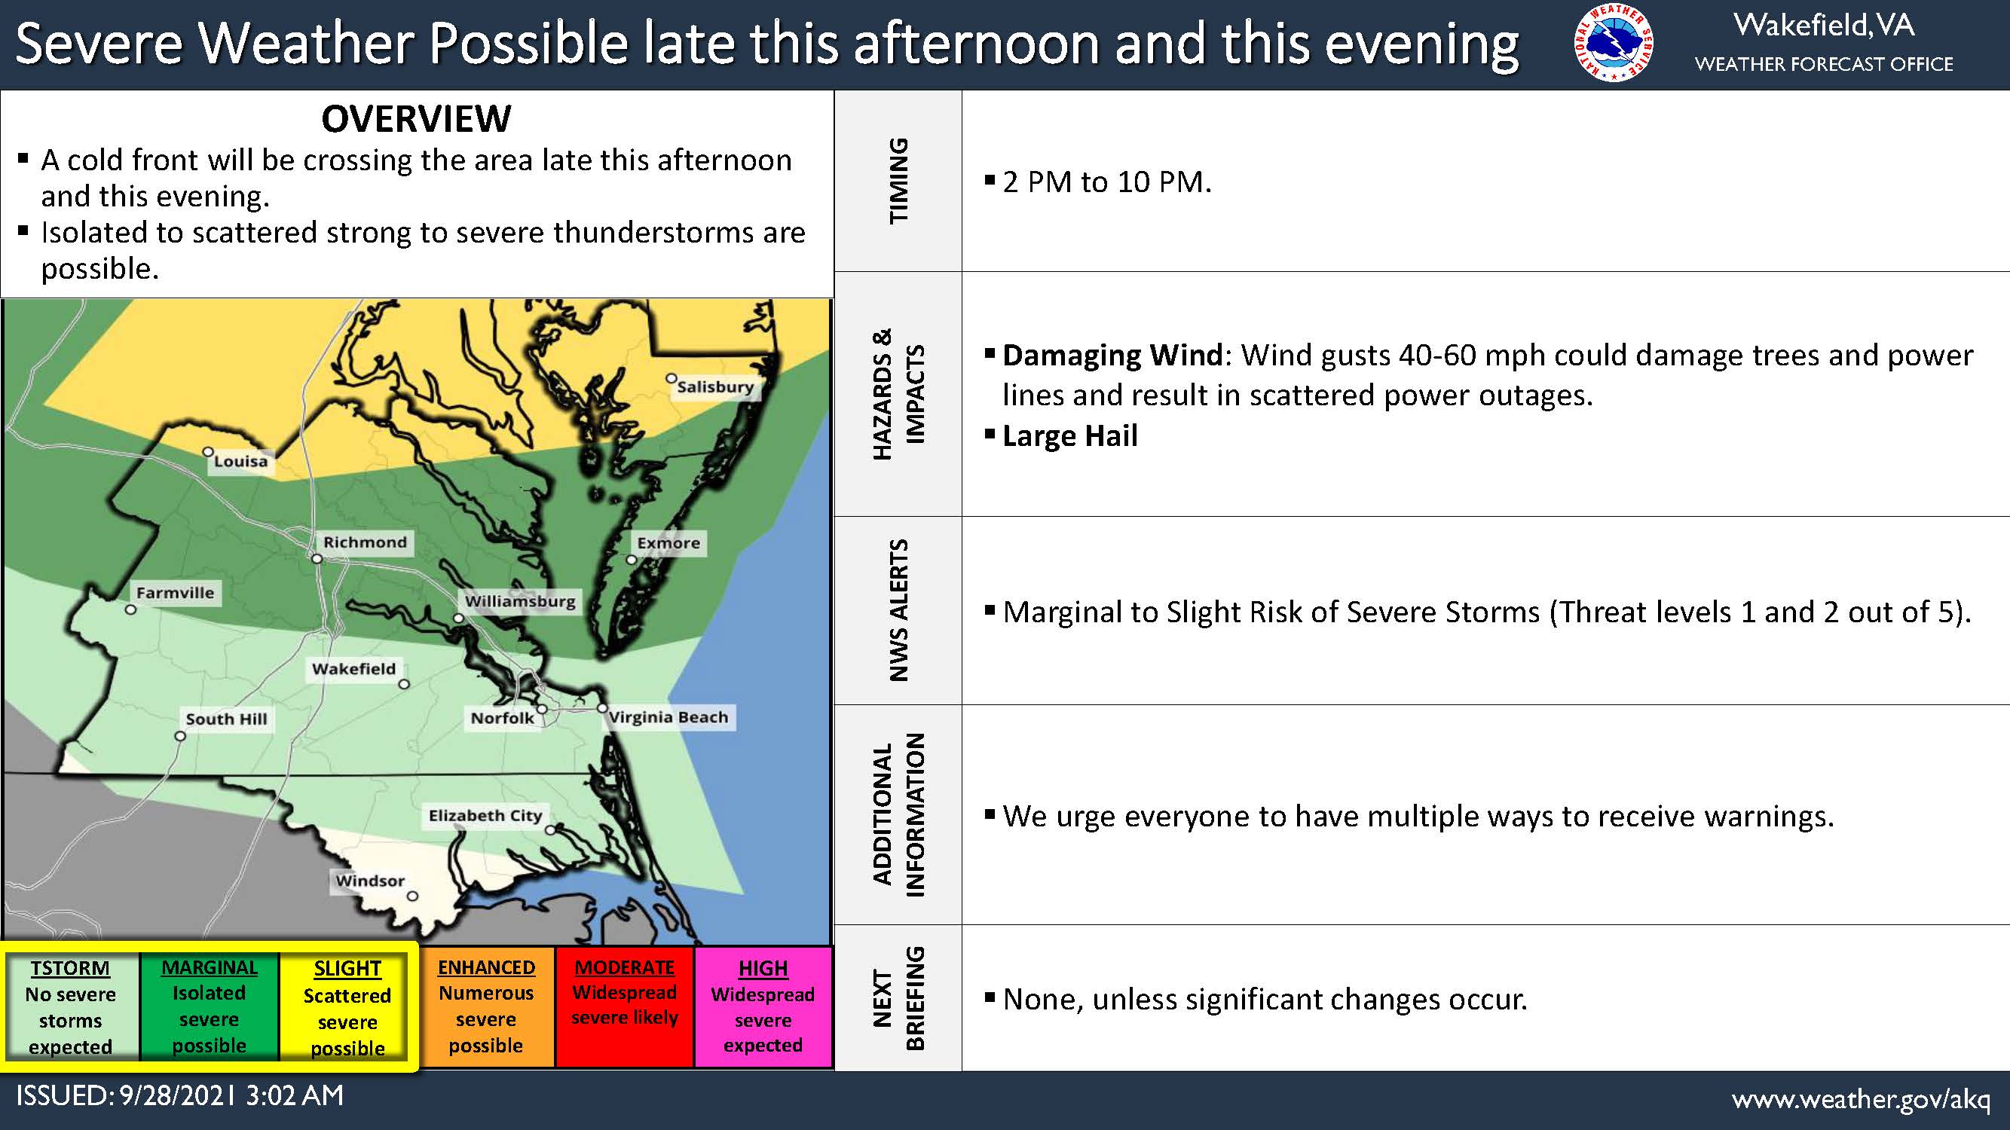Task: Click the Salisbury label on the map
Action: click(714, 386)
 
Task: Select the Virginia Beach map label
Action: click(668, 717)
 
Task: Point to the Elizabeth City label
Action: click(485, 816)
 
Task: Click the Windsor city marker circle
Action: click(413, 896)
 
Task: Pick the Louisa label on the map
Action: click(240, 461)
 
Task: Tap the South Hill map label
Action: click(225, 719)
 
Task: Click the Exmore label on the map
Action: click(668, 542)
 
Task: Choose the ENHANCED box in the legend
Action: click(485, 1006)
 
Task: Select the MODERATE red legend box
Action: click(624, 1006)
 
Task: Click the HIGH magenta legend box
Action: click(763, 1006)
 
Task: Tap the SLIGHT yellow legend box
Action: click(347, 1006)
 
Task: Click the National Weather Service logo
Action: click(1612, 43)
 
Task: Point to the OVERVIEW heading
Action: click(416, 119)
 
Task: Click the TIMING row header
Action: click(898, 181)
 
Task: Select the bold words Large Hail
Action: click(1069, 436)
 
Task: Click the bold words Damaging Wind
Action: click(1112, 356)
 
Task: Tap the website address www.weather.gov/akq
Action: click(1861, 1099)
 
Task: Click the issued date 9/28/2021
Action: click(177, 1095)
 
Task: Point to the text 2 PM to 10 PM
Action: click(1106, 182)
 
